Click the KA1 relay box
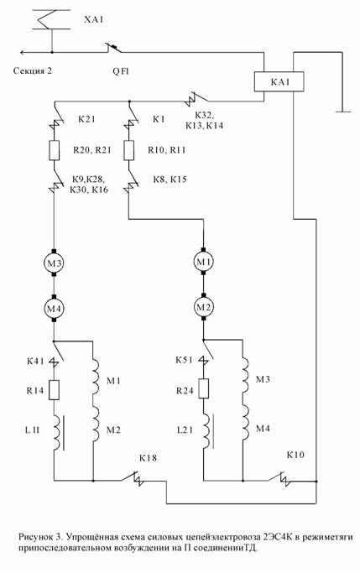coord(279,81)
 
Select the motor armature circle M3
coord(54,262)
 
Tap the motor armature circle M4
coord(54,309)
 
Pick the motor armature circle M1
coord(204,261)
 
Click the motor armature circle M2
coord(204,307)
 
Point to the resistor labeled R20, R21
coord(54,150)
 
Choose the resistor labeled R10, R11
coord(128,150)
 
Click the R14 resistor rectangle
coord(54,389)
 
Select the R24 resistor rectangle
coord(204,388)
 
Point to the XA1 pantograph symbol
coord(51,20)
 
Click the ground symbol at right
coord(342,112)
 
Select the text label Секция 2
coord(33,70)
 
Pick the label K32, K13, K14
coord(204,120)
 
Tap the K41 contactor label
coord(35,362)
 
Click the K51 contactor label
coord(185,360)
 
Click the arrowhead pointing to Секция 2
coord(23,52)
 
